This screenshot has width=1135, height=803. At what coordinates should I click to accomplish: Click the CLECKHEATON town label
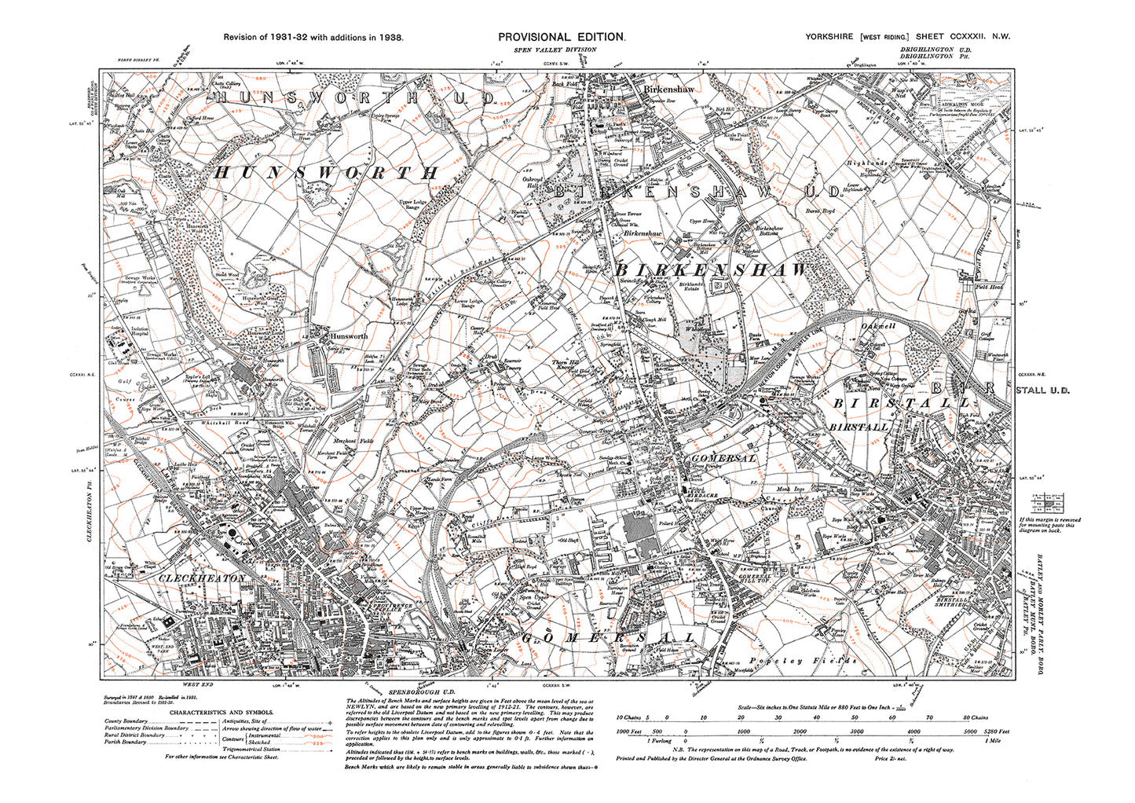tap(203, 577)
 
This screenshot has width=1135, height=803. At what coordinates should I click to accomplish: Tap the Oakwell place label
tap(879, 325)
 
